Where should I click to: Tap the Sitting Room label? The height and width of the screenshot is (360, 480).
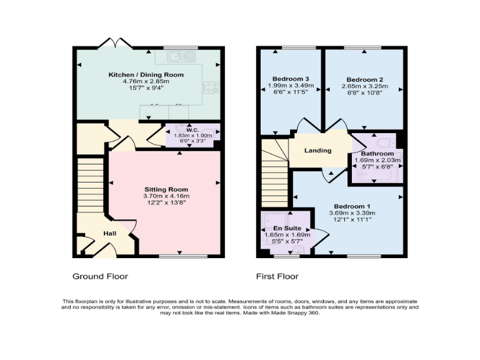(166, 189)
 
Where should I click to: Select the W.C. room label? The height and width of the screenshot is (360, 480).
(191, 130)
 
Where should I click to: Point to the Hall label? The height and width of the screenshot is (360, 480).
(110, 234)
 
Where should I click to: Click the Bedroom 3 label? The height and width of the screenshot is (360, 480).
(289, 78)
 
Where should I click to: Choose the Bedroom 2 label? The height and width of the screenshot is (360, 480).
(365, 79)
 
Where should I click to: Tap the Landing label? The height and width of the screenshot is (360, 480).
(317, 151)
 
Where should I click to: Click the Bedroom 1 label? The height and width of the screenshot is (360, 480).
(352, 207)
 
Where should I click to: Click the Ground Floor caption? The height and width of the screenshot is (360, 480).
(101, 276)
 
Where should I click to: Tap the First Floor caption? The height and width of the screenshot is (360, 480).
(277, 276)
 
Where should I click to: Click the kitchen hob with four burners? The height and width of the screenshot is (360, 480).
(211, 88)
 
